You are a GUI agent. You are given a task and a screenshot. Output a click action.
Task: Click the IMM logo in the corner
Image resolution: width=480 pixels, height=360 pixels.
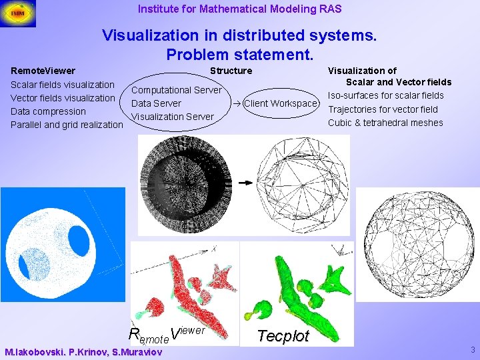point(18,14)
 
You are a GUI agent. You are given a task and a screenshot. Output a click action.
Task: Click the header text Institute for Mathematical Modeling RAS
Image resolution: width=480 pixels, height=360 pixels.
point(239,9)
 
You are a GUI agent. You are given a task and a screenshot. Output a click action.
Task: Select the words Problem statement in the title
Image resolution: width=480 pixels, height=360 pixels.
point(239,54)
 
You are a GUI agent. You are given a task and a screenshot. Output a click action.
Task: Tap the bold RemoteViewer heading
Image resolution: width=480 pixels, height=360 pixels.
point(43,71)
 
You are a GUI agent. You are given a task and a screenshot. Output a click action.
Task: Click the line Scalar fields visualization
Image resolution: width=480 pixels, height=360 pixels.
point(63,85)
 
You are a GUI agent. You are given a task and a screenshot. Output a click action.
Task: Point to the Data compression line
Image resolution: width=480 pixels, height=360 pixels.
point(49,111)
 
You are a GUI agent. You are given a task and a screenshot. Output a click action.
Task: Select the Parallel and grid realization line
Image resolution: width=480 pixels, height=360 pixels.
point(67,125)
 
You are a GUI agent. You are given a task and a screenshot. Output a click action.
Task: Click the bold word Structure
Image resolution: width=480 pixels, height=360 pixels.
point(231,71)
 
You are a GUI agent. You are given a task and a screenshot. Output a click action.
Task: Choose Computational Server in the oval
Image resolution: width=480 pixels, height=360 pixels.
point(177,90)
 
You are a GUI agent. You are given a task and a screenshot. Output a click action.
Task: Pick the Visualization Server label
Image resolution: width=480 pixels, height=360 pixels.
point(173,117)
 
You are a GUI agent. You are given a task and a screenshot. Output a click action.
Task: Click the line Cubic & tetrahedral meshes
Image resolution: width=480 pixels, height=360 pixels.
point(385,123)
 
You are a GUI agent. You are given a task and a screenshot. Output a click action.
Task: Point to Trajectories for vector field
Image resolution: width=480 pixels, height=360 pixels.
point(383,109)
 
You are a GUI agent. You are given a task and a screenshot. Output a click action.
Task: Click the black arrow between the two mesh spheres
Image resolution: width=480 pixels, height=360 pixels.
point(246,181)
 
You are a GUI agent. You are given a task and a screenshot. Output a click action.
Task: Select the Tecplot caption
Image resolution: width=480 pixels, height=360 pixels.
point(283,336)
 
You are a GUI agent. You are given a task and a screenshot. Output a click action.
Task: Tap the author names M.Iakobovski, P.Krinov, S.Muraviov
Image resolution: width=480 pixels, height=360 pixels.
point(83,352)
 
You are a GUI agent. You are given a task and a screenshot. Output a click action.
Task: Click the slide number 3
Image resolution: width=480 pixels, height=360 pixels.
point(473,350)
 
